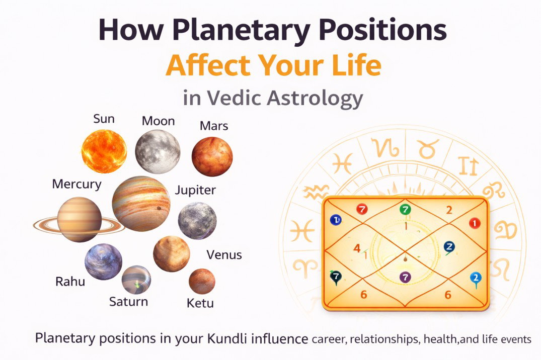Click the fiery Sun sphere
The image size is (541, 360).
pos(104,151)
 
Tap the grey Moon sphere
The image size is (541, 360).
pos(158,152)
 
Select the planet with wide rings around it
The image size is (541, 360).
pos(80,220)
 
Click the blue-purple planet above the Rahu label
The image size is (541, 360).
pos(103,262)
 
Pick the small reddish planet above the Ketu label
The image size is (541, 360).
pos(202,282)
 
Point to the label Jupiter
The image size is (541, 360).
pos(195,190)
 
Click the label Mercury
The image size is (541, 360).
pos(76,184)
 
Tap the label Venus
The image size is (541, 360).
pos(224,255)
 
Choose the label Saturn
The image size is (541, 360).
pos(128,302)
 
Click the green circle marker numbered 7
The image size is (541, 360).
pos(405,209)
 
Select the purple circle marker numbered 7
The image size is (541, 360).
pos(405,277)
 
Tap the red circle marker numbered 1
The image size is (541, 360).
pos(475,223)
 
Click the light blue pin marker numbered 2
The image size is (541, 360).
pos(476,279)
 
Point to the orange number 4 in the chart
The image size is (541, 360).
pos(357,248)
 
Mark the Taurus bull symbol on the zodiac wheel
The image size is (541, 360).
pos(428,149)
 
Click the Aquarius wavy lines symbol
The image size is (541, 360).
pos(316,192)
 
